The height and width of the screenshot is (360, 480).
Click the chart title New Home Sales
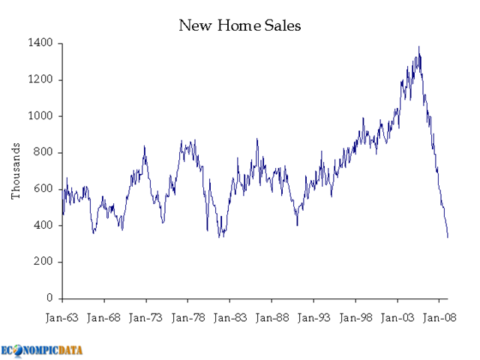(239, 25)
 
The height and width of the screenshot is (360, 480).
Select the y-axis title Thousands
(15, 171)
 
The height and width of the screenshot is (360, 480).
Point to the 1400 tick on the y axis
(41, 43)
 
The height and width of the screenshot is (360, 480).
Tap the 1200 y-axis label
(41, 80)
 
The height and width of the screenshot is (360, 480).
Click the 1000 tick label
(41, 116)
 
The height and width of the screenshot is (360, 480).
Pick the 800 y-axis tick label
(44, 153)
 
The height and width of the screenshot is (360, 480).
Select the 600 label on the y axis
(44, 189)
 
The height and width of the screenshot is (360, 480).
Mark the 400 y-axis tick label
(44, 226)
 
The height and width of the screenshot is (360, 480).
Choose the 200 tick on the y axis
(44, 262)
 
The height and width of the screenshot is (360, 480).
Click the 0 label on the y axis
(49, 298)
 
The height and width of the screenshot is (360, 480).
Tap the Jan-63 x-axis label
(62, 317)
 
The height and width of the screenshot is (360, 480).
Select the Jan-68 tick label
(104, 317)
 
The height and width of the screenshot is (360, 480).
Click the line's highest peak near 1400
(418, 47)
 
